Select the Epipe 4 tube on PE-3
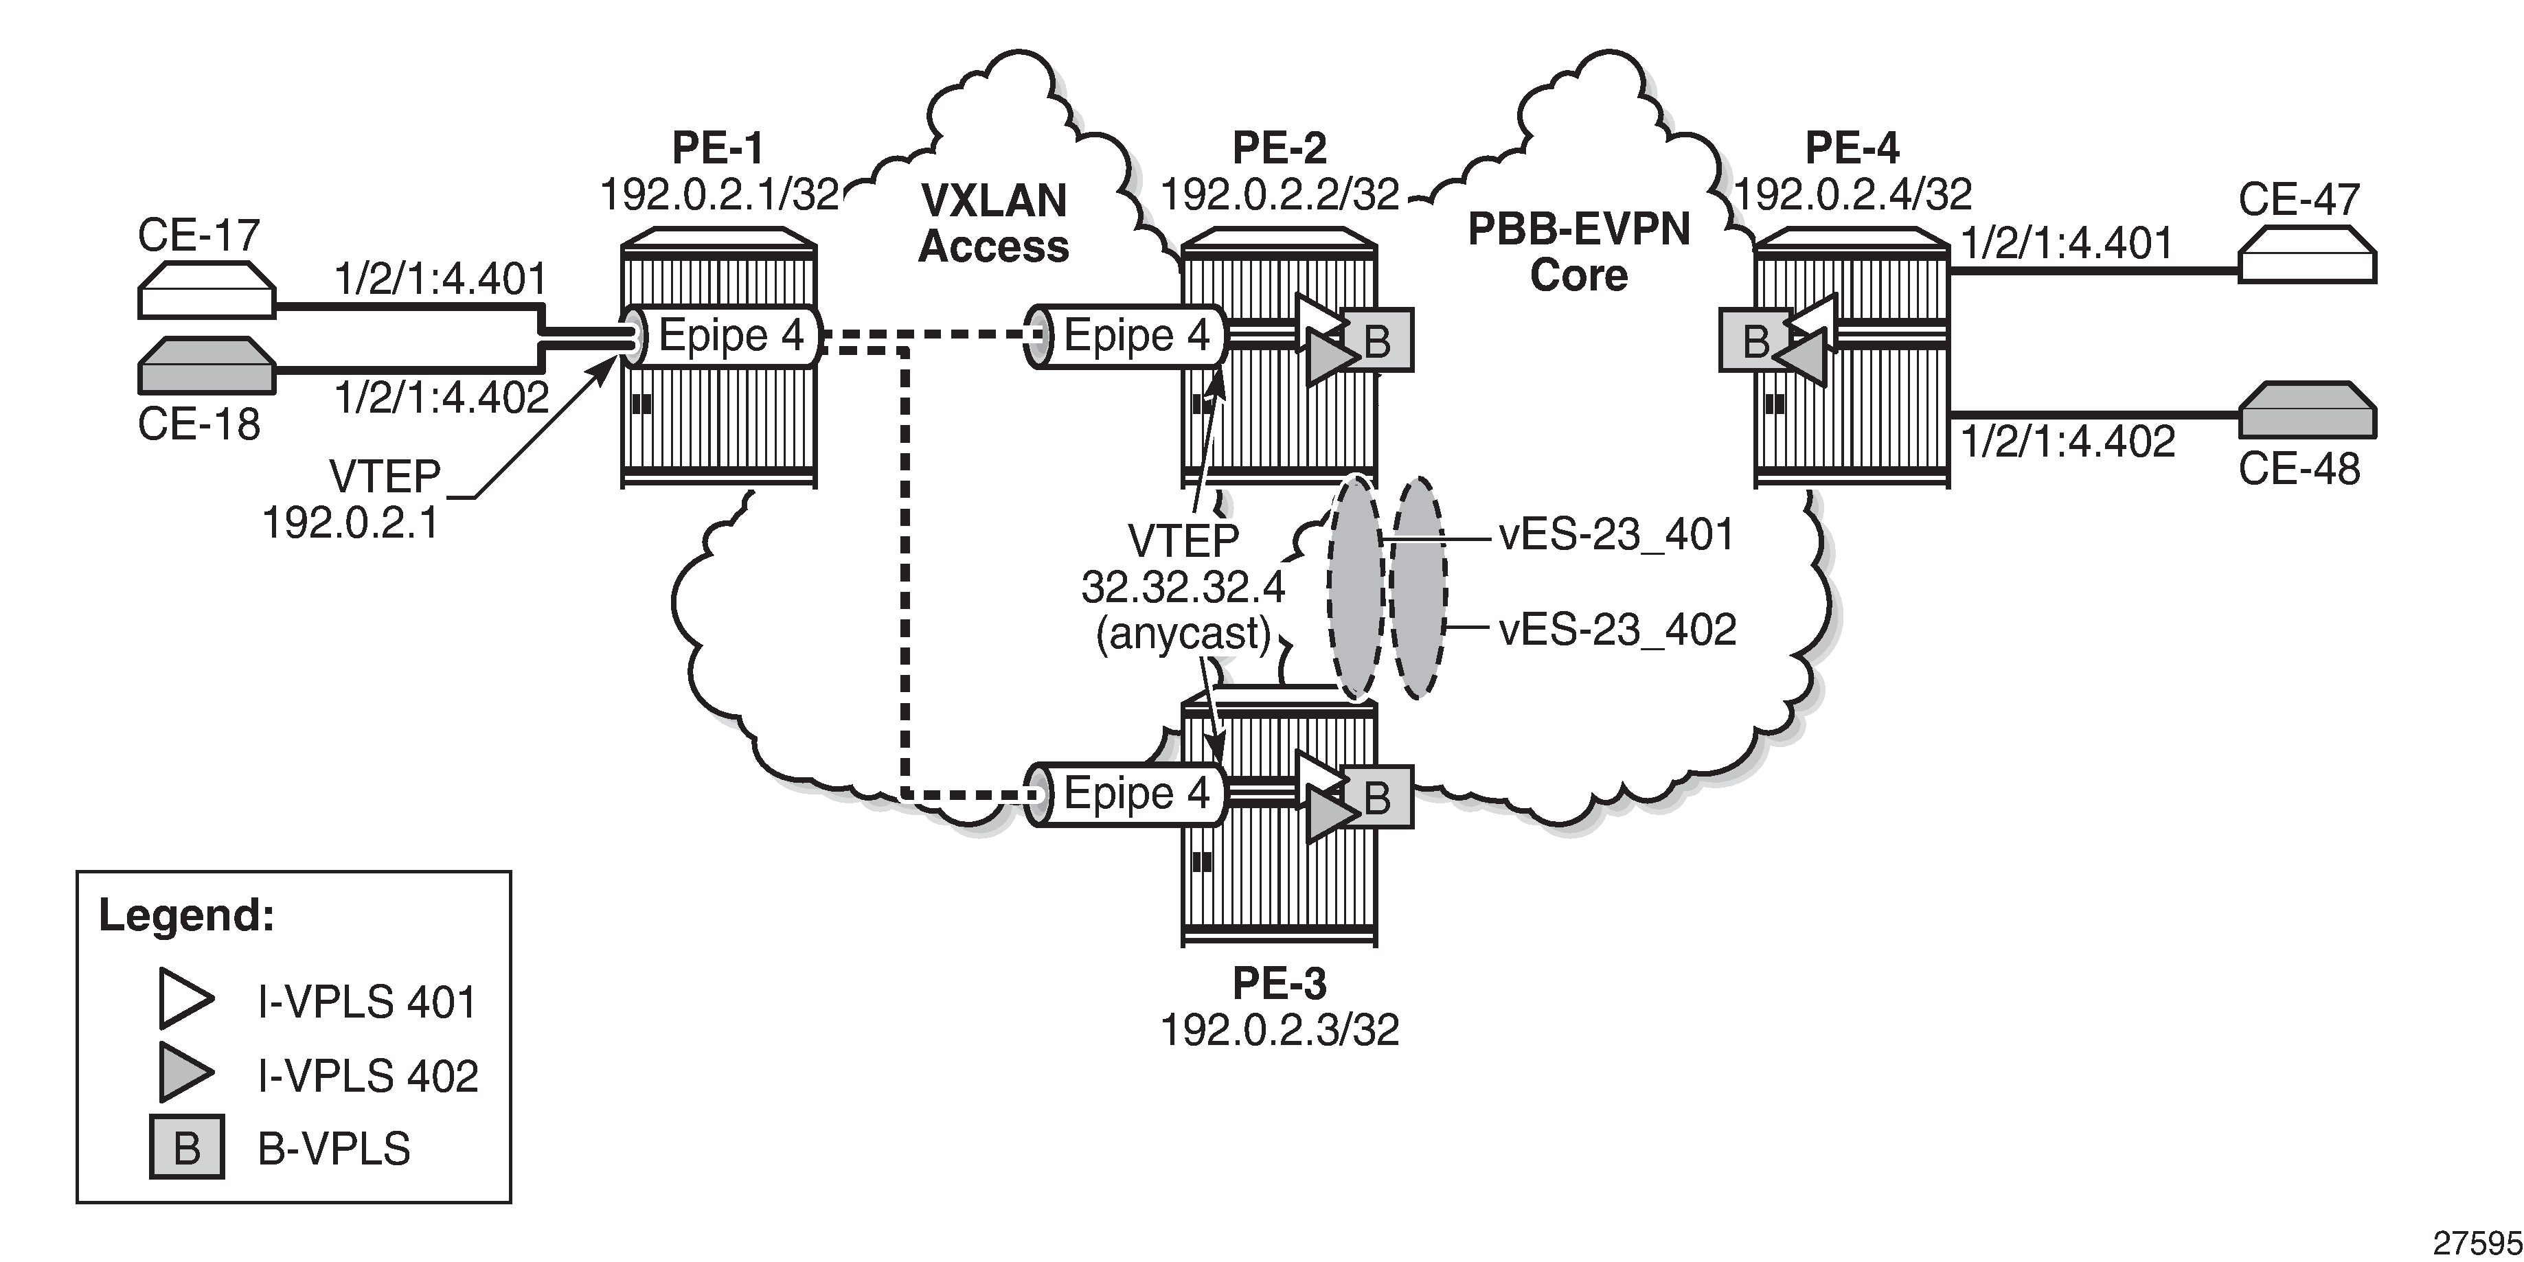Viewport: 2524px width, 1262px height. click(1127, 794)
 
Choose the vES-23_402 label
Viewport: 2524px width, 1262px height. click(1617, 629)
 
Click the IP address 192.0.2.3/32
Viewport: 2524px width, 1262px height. click(1280, 1030)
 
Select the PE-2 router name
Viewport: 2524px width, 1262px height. click(1279, 148)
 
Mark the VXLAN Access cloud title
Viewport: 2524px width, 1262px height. click(994, 223)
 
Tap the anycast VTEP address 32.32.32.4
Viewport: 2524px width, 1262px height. click(1183, 587)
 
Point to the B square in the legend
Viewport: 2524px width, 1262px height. click(186, 1147)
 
